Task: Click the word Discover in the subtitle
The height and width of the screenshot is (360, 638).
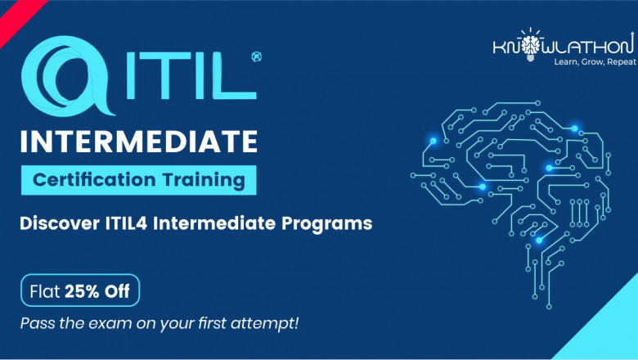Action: point(56,223)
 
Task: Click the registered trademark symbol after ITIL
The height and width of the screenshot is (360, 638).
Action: point(257,58)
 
